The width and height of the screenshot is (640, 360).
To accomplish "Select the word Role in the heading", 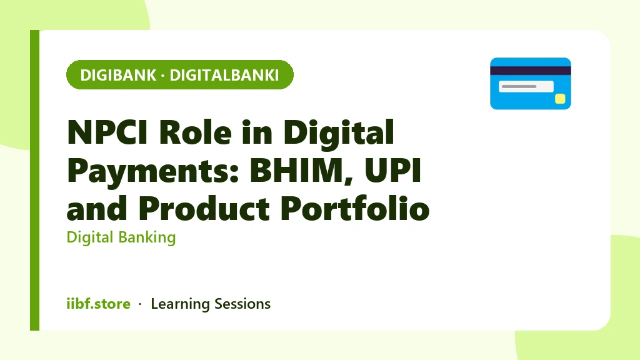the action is pyautogui.click(x=195, y=132).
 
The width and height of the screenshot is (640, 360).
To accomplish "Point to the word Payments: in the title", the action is pyautogui.click(x=152, y=171).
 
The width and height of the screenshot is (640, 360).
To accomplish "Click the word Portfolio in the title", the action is pyautogui.click(x=355, y=208).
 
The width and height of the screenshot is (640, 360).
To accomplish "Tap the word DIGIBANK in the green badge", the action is pyautogui.click(x=118, y=75).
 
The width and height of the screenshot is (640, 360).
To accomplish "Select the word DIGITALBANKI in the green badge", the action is pyautogui.click(x=224, y=75).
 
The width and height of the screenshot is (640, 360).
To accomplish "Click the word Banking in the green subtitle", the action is pyautogui.click(x=147, y=237).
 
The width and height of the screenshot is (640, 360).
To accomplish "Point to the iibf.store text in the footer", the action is pyautogui.click(x=98, y=304).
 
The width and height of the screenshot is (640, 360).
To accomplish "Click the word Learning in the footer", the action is pyautogui.click(x=180, y=304).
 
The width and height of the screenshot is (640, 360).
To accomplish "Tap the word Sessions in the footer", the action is pyautogui.click(x=242, y=304).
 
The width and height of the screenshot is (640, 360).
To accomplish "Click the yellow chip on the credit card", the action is pyautogui.click(x=560, y=99).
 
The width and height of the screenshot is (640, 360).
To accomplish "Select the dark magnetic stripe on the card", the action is pyautogui.click(x=531, y=71).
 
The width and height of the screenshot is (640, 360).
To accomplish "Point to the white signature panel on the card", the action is pyautogui.click(x=526, y=86).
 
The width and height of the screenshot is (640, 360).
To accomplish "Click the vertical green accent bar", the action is pyautogui.click(x=35, y=180).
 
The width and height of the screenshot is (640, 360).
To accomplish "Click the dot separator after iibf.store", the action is pyautogui.click(x=140, y=304).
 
